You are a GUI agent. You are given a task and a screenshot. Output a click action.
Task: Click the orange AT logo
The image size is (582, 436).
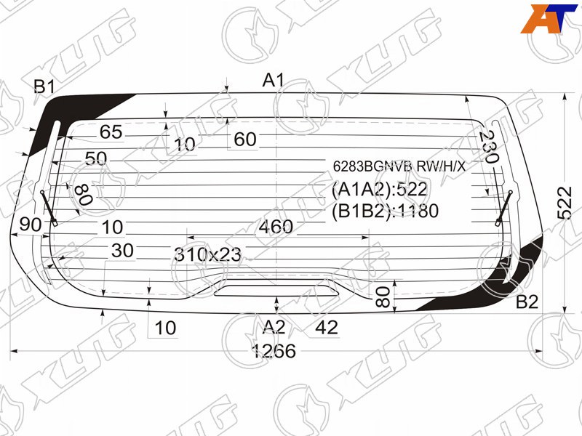point(549,19)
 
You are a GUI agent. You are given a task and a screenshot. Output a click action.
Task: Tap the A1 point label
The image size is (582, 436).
point(274,80)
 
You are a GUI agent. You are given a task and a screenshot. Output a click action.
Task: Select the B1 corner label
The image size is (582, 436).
point(44,86)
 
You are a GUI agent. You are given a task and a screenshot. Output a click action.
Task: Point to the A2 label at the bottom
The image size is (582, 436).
point(274,327)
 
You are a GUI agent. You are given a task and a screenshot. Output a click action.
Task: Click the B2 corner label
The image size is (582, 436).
point(527,302)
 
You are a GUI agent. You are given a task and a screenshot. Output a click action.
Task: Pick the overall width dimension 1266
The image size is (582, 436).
point(274,351)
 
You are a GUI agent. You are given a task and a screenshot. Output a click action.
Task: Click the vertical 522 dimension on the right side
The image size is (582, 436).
point(565,203)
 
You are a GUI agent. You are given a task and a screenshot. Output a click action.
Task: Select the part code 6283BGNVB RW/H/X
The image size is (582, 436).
point(399,166)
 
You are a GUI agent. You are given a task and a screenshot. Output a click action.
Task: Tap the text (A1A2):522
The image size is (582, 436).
point(379,190)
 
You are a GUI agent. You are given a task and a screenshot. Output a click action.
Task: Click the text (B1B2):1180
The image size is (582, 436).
point(385,211)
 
